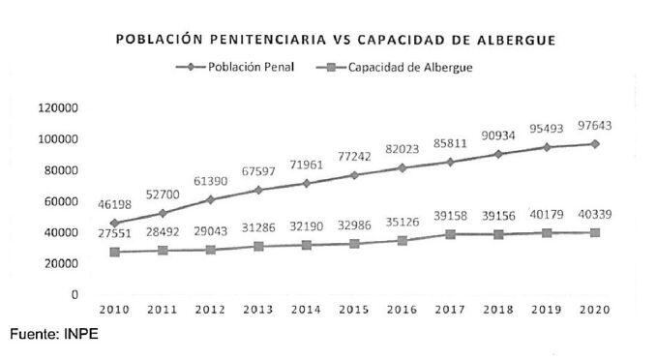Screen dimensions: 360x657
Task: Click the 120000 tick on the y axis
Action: coord(58,107)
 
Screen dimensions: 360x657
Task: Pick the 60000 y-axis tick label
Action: coord(62,201)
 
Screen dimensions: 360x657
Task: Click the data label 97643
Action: coord(595,126)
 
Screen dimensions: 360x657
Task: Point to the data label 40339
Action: coord(595,215)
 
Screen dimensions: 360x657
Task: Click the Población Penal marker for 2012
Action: coord(210,199)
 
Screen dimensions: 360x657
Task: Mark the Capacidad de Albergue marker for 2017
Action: coord(451,234)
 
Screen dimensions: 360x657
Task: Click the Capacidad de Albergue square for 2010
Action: coord(114,252)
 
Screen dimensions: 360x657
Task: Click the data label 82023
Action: coord(403,150)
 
